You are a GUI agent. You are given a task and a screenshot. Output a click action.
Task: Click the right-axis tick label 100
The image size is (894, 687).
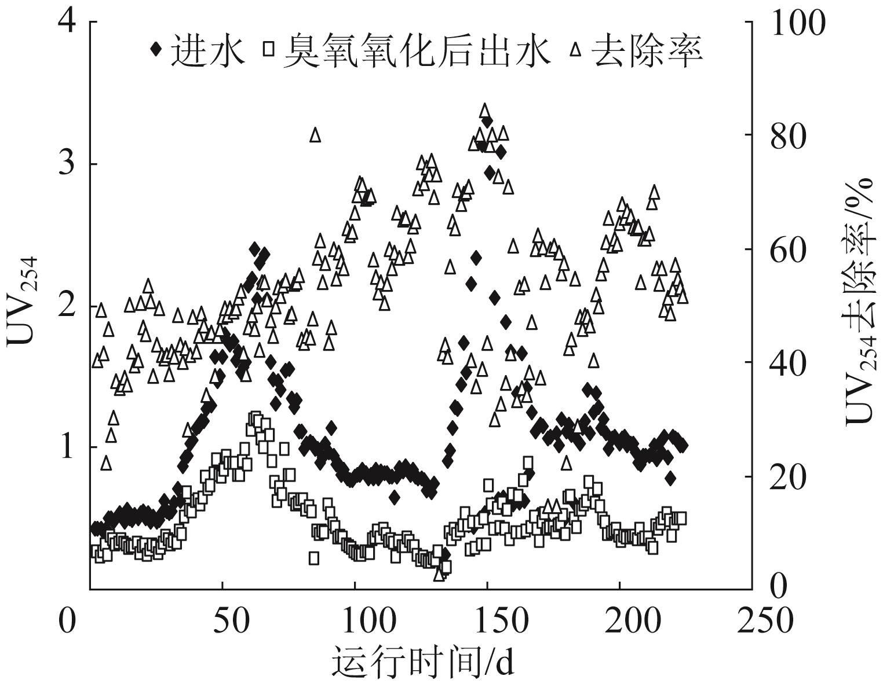pyautogui.click(x=797, y=24)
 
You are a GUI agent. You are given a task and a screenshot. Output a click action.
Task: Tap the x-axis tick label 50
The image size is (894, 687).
pyautogui.click(x=222, y=621)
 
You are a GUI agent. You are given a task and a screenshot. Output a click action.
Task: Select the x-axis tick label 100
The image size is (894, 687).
pyautogui.click(x=355, y=621)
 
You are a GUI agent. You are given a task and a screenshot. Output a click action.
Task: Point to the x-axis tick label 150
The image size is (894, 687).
pyautogui.click(x=487, y=621)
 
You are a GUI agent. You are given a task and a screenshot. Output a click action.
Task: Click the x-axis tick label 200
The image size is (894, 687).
pyautogui.click(x=619, y=621)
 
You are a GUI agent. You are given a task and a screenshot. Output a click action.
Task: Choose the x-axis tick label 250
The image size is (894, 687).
pyautogui.click(x=752, y=621)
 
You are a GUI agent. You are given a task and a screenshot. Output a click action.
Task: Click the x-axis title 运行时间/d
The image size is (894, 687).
pyautogui.click(x=422, y=662)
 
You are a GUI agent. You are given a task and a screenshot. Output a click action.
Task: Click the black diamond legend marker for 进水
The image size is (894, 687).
pyautogui.click(x=155, y=49)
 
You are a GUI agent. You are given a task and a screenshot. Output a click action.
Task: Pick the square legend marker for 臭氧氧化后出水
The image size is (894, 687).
pyautogui.click(x=268, y=49)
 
